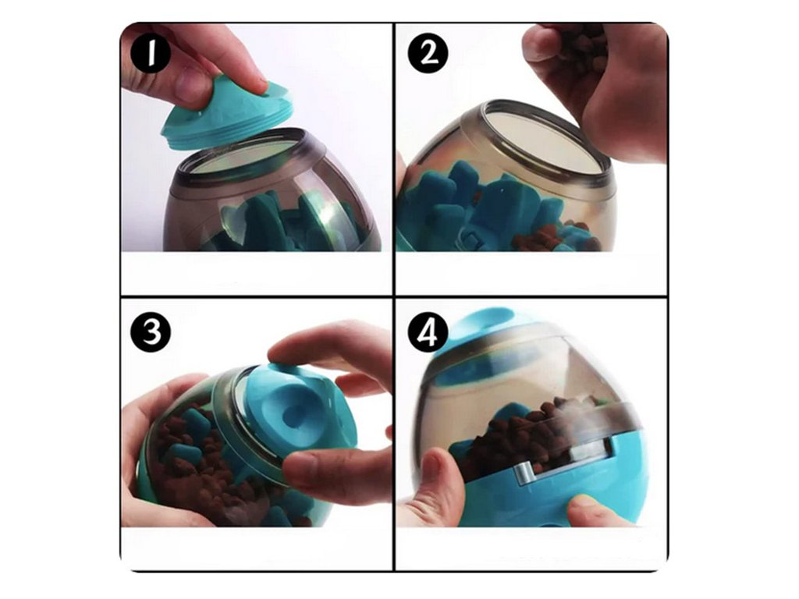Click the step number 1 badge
[151, 53]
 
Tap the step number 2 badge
[428, 52]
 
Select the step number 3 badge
[152, 332]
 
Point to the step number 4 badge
[428, 331]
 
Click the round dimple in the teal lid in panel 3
[297, 407]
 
